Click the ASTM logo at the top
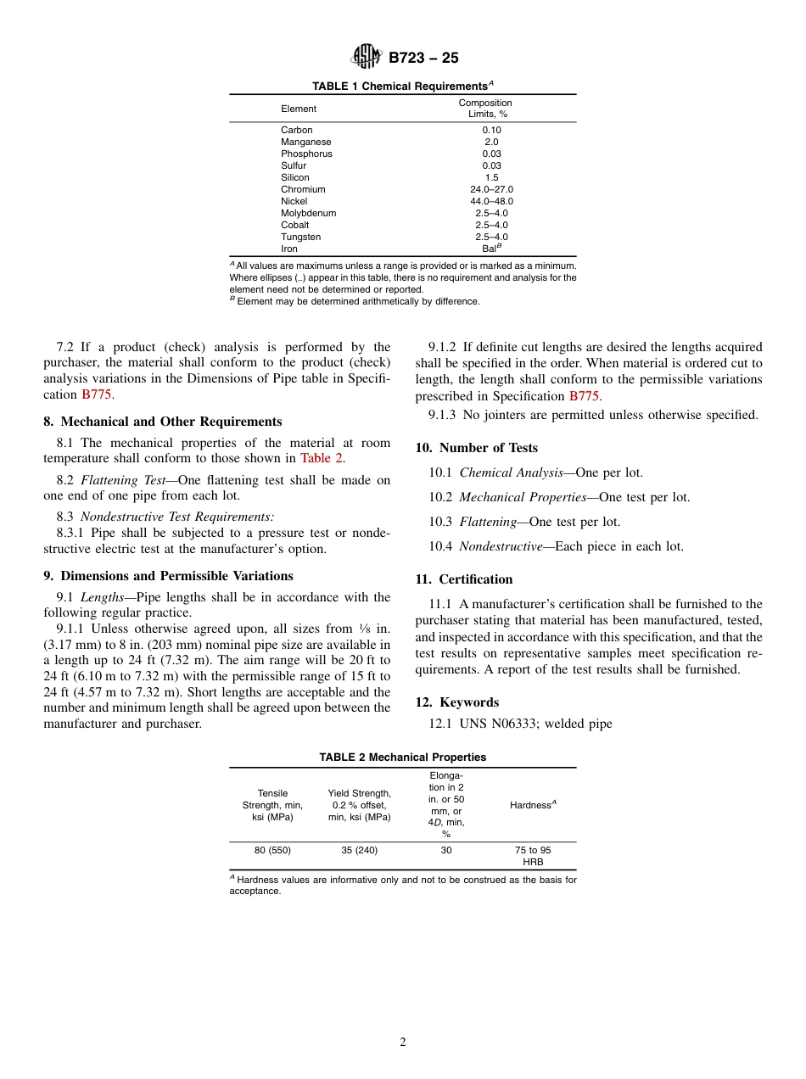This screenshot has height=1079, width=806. (367, 58)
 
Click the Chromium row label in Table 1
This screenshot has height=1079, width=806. (303, 189)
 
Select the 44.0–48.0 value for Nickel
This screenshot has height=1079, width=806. (491, 201)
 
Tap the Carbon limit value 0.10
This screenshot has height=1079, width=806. (491, 130)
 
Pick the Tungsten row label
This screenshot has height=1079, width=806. (300, 237)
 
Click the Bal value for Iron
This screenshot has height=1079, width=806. (491, 249)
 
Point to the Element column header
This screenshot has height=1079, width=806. (299, 109)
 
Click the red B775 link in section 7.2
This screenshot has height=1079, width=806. (96, 394)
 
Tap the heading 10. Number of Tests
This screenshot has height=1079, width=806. (476, 448)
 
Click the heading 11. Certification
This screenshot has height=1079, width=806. (464, 579)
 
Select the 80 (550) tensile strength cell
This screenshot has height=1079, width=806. (272, 850)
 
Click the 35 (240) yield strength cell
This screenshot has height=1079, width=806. (359, 850)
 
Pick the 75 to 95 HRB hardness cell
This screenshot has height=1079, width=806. (533, 856)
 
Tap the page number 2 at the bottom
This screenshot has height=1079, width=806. (403, 1043)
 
